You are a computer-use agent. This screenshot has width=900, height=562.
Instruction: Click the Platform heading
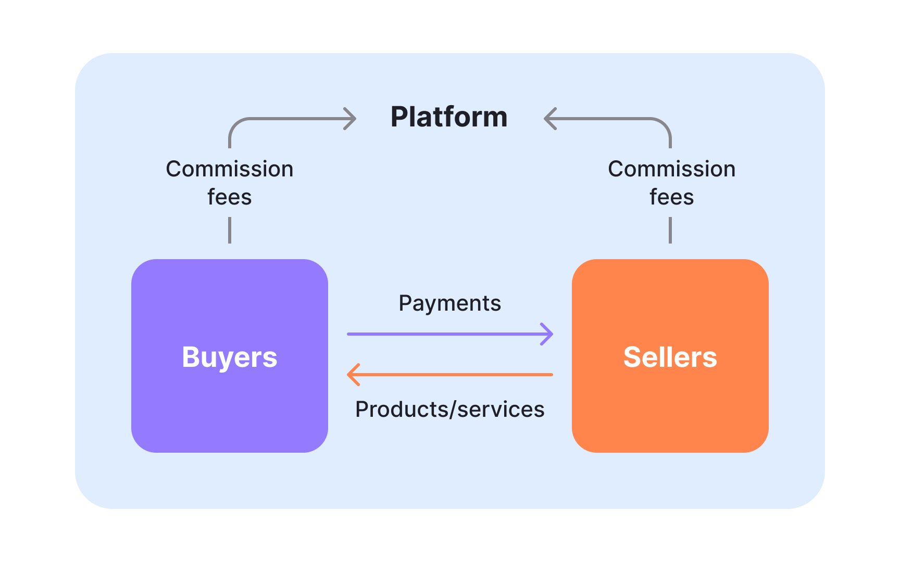(x=449, y=117)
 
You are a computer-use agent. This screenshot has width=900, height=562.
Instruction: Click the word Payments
(x=449, y=303)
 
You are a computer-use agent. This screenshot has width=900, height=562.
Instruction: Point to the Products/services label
(x=449, y=410)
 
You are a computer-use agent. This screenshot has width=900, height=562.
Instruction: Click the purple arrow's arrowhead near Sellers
(x=548, y=334)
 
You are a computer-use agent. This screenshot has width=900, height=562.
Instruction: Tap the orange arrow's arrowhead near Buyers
(x=353, y=375)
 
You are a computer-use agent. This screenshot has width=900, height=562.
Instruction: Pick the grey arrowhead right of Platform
(x=549, y=119)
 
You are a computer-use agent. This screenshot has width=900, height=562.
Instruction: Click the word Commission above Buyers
(x=229, y=169)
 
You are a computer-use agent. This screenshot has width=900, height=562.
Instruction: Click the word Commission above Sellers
(x=671, y=169)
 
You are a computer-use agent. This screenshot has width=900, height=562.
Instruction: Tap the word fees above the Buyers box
(x=229, y=197)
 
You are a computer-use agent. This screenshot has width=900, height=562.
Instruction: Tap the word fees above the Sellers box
(x=671, y=197)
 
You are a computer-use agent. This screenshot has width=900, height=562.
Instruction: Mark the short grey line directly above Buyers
(x=230, y=230)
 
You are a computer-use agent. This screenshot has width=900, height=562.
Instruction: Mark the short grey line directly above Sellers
(x=670, y=230)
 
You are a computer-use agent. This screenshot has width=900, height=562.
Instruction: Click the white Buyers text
(x=229, y=357)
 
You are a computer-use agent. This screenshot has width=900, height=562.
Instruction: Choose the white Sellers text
(x=670, y=357)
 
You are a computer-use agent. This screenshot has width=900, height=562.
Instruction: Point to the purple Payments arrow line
(x=443, y=334)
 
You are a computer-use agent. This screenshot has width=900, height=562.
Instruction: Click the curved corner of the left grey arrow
(x=235, y=124)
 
